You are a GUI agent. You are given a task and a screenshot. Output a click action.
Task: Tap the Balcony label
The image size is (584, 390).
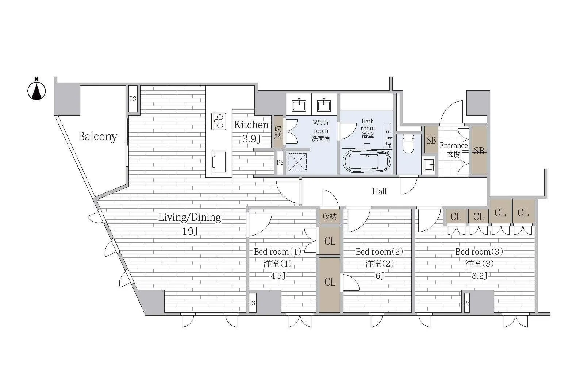click(98, 137)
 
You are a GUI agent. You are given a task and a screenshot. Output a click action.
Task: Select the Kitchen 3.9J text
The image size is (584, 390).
click(251, 131)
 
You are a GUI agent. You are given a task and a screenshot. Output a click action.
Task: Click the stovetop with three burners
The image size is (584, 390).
click(219, 121)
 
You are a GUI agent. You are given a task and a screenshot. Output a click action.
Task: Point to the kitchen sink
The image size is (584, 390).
click(219, 162)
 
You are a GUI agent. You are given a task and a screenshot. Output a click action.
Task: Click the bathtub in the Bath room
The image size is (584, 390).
click(367, 161)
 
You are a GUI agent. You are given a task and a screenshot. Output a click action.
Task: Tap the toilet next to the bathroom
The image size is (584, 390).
click(408, 144)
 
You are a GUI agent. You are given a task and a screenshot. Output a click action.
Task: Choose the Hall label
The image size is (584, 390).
click(379, 191)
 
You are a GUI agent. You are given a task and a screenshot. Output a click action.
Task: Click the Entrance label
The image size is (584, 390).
click(454, 150)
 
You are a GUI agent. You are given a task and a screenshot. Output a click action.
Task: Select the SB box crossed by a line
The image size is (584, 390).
click(479, 150)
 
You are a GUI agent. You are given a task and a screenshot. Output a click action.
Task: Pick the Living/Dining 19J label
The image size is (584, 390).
click(189, 224)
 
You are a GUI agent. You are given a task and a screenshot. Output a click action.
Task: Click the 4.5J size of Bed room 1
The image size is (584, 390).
click(278, 276)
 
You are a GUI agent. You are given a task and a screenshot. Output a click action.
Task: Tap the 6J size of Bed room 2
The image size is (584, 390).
click(380, 276)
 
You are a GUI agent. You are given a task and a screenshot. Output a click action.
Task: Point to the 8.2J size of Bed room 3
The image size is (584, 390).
click(480, 276)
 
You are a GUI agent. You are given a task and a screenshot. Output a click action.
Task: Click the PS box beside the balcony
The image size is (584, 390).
click(133, 99)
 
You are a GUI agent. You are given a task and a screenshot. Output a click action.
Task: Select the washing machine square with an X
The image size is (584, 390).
click(297, 162)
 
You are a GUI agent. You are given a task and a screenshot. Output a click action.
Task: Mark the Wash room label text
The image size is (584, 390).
click(321, 130)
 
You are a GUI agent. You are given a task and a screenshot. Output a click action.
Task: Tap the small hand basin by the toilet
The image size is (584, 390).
click(429, 165)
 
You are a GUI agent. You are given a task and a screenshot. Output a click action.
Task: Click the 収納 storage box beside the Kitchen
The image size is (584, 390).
click(278, 132)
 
